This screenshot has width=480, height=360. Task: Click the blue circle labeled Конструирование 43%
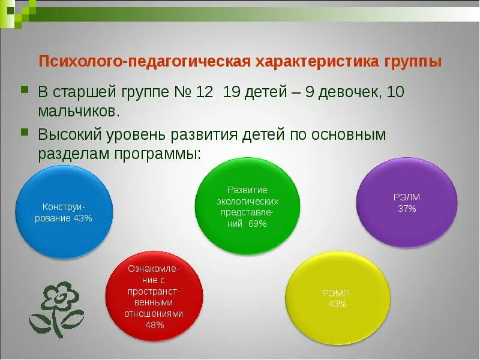click(64, 212)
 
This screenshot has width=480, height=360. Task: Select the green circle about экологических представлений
click(247, 206)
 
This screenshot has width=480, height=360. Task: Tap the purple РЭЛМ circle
click(407, 202)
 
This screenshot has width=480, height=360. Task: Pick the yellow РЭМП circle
click(338, 298)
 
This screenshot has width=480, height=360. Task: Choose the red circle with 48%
click(154, 296)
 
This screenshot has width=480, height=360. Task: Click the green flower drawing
click(56, 310)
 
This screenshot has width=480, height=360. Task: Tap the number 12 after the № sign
click(204, 92)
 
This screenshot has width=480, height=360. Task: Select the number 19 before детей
click(232, 92)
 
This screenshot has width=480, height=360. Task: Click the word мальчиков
click(79, 111)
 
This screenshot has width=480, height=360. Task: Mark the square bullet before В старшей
click(25, 90)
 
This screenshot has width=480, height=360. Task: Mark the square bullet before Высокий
click(25, 132)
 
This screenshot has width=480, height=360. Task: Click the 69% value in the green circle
click(257, 224)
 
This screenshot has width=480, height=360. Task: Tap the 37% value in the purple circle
click(407, 209)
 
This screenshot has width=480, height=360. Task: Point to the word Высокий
click(70, 135)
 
